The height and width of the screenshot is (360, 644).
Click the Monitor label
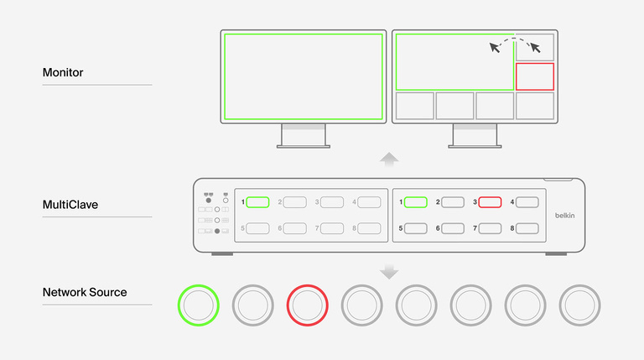[63, 73]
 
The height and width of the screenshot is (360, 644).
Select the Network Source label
[85, 292]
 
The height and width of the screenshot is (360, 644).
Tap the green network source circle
[199, 305]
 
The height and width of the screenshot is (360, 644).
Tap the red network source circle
[308, 305]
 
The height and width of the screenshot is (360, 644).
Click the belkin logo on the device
[567, 216]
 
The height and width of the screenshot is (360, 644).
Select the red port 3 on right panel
[490, 202]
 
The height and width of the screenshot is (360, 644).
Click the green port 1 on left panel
[258, 202]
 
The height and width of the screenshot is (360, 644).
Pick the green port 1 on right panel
[416, 202]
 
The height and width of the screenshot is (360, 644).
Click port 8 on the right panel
[527, 228]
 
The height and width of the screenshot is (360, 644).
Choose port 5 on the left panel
[258, 228]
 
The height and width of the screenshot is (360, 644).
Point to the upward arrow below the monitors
[389, 159]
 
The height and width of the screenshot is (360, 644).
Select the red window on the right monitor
[535, 76]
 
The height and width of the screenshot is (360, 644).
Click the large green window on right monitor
[454, 62]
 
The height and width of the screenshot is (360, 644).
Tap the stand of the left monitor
[303, 135]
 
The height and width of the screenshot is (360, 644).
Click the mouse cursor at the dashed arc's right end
[534, 46]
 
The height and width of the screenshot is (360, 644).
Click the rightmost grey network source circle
[580, 305]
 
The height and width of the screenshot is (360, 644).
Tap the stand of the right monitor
[475, 135]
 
